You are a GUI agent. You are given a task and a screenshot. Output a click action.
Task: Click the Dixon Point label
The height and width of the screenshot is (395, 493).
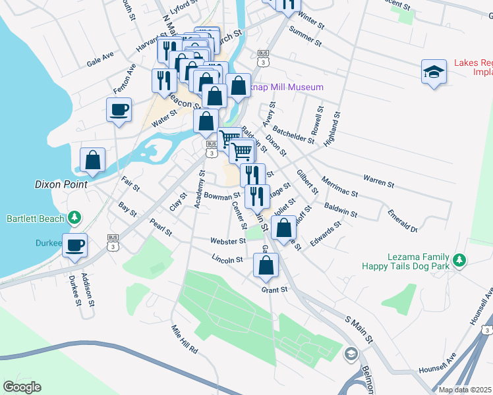pos(61,185)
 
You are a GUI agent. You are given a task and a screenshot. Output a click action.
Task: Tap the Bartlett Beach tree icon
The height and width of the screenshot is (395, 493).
pos(74,217)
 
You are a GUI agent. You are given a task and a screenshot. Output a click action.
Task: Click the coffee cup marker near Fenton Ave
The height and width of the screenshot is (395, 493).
pos(119,110)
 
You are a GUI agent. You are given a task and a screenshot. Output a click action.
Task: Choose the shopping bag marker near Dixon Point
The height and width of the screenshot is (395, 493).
pos(93,160)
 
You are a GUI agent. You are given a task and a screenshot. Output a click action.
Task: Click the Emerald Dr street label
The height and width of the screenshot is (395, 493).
pos(402,220)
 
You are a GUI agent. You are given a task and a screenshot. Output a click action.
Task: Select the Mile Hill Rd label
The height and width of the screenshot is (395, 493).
pos(185,340)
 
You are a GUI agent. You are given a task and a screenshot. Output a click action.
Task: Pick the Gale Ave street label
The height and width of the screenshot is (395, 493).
pos(101,61)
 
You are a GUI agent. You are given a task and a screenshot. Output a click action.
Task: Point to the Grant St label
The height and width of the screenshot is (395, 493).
pos(275,289)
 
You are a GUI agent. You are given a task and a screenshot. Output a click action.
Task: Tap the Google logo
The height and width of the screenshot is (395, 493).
pos(22,387)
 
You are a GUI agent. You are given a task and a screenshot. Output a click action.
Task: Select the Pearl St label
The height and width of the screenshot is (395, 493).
pos(160,227)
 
